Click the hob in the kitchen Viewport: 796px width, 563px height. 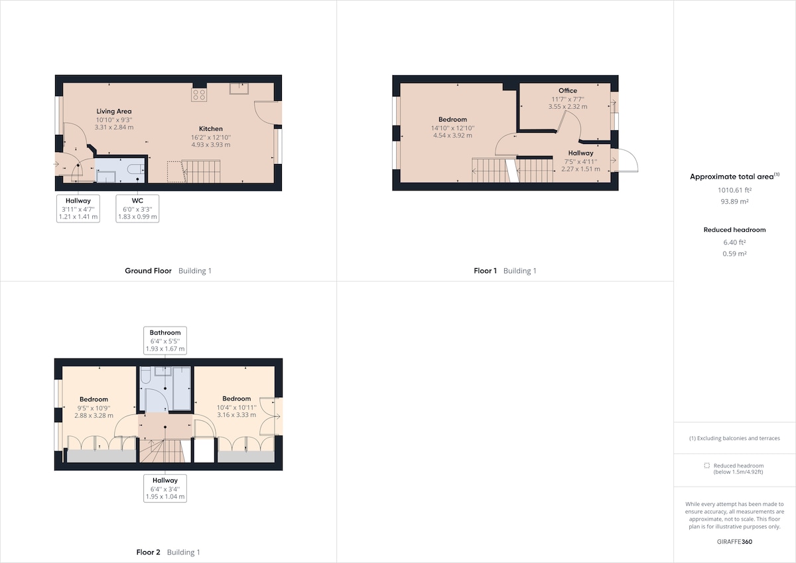[x=198, y=95]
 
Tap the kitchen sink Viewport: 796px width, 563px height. [x=239, y=88]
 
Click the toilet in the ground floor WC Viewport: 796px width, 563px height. [x=135, y=169]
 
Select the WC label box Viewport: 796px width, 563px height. [x=137, y=208]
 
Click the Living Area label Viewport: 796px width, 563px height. [x=113, y=112]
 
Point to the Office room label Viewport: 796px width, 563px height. [x=568, y=91]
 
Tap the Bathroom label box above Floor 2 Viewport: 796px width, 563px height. [x=165, y=341]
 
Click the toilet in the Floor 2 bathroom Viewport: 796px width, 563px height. [x=146, y=375]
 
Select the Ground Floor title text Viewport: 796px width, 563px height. [x=148, y=271]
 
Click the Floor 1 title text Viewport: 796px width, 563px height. [x=485, y=271]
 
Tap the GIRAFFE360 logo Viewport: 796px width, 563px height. [x=734, y=542]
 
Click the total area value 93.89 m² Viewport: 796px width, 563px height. [x=734, y=201]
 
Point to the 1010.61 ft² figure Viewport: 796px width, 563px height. [x=734, y=190]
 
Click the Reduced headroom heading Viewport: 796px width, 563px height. [x=734, y=230]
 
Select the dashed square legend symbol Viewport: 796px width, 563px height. [x=707, y=465]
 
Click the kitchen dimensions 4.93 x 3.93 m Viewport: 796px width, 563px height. [x=211, y=145]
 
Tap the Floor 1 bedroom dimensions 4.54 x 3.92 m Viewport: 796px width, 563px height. [x=452, y=135]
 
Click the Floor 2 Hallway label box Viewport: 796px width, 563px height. [x=165, y=489]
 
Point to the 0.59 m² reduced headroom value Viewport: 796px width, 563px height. [x=734, y=254]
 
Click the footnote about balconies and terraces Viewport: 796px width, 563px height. [x=734, y=438]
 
